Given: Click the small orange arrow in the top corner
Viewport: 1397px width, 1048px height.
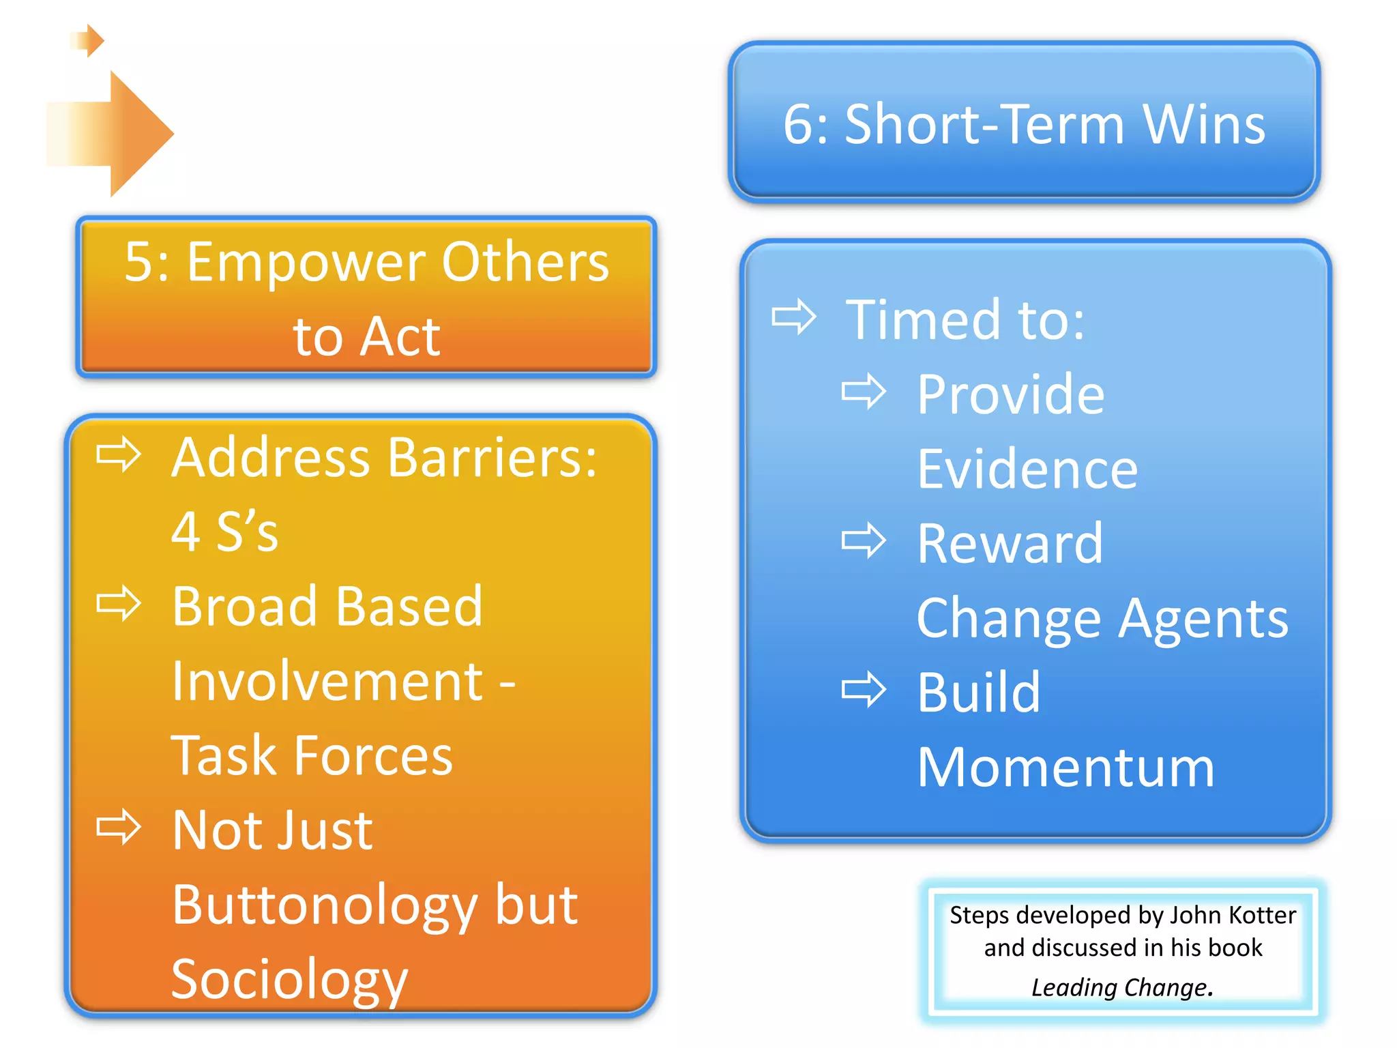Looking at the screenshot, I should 89,41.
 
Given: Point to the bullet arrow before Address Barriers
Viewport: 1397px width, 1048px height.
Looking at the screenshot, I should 119,454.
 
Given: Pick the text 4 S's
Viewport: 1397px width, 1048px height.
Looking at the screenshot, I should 224,532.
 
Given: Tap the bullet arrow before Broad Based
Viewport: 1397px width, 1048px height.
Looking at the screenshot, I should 119,603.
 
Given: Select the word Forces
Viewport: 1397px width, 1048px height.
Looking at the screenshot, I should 374,756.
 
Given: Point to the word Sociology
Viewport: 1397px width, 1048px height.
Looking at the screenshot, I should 289,980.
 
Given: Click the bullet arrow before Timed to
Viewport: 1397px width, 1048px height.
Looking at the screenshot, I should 794,317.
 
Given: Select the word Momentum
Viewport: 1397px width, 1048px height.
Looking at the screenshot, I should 1065,768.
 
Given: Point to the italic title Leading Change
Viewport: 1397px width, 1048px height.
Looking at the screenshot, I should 1121,987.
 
